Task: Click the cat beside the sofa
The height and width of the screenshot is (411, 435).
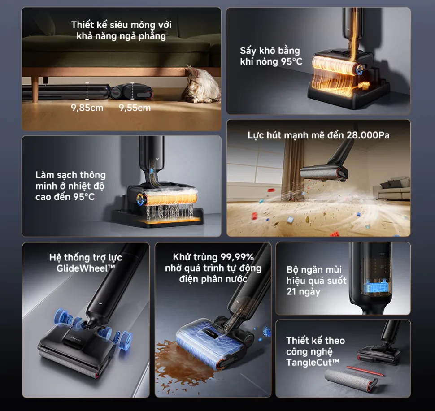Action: click(201, 84)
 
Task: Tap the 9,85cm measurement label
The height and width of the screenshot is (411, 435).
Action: click(87, 108)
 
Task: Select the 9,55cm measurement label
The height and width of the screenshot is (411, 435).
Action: click(135, 108)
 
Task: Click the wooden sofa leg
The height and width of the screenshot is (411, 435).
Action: click(35, 89)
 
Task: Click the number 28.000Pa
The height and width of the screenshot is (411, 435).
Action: click(368, 135)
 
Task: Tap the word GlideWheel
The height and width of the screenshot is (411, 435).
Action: click(83, 268)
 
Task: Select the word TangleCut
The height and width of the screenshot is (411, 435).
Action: click(310, 363)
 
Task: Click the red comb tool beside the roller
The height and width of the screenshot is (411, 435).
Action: click(365, 371)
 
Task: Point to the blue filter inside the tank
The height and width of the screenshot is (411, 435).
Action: click(374, 288)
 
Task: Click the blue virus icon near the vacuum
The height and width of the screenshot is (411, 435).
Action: click(267, 331)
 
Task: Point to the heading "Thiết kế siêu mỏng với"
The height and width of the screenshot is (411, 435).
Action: click(121, 25)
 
